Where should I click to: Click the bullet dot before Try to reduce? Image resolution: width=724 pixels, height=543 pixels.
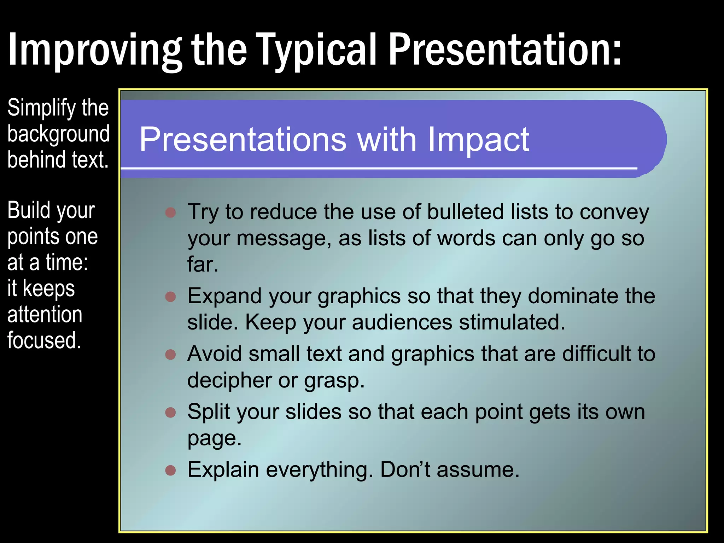(171, 212)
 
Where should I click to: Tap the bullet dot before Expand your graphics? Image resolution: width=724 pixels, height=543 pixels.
(171, 296)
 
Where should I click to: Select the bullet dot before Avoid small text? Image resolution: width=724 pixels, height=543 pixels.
(171, 354)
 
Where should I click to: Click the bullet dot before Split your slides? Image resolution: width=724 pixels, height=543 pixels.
(171, 412)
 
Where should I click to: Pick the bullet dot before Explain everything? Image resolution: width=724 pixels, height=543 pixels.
(171, 470)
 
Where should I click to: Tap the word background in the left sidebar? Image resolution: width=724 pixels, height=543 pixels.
(58, 134)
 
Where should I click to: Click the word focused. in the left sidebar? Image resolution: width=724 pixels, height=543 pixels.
(44, 340)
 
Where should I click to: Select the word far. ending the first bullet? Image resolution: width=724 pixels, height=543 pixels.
(203, 264)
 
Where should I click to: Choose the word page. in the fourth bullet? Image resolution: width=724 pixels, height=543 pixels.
(214, 439)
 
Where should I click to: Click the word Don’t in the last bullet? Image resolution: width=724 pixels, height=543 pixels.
(405, 469)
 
